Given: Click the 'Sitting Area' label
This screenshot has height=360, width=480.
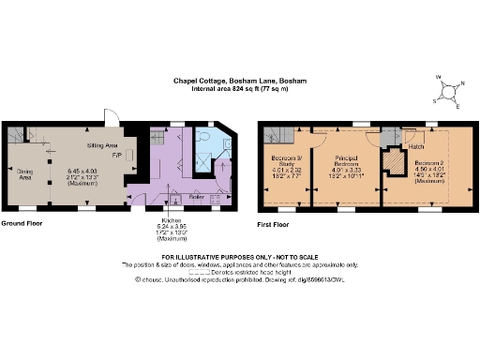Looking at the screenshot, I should coord(101,147).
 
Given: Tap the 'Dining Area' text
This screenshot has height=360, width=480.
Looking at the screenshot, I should coord(25,174).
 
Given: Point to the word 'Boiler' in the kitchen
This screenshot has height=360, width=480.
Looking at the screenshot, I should coord(197,197).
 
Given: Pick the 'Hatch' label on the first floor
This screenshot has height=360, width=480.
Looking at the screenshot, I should coord(417,146).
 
